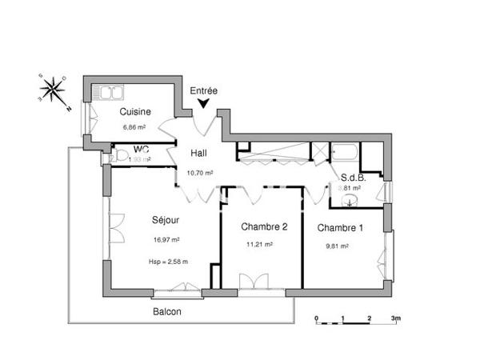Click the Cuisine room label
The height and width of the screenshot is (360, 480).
click(x=136, y=112)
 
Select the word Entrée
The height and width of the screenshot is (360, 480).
click(x=204, y=91)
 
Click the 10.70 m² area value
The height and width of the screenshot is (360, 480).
click(x=199, y=172)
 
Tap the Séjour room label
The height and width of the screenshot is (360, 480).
click(x=166, y=220)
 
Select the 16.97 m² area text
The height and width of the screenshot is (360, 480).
click(x=166, y=239)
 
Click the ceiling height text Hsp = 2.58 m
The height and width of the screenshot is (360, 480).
click(x=168, y=262)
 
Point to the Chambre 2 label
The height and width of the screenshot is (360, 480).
click(x=263, y=226)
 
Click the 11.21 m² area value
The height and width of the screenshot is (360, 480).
click(x=260, y=245)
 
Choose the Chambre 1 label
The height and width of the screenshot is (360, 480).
click(x=340, y=228)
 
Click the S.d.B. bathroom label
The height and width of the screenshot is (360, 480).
click(x=353, y=178)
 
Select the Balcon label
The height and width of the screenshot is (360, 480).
click(x=166, y=312)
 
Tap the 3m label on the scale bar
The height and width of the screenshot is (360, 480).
click(x=394, y=318)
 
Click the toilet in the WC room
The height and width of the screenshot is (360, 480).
click(x=121, y=155)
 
